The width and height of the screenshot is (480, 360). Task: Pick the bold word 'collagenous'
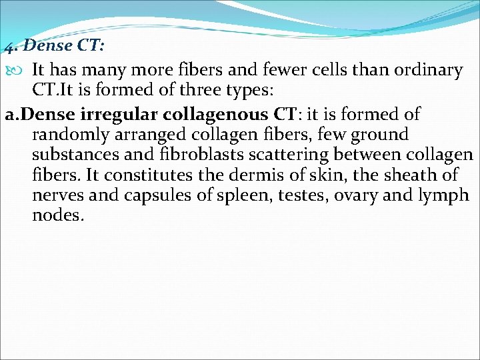click(x=208, y=114)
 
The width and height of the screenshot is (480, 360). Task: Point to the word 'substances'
click(x=75, y=155)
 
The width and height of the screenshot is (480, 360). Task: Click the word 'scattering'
click(x=285, y=155)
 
